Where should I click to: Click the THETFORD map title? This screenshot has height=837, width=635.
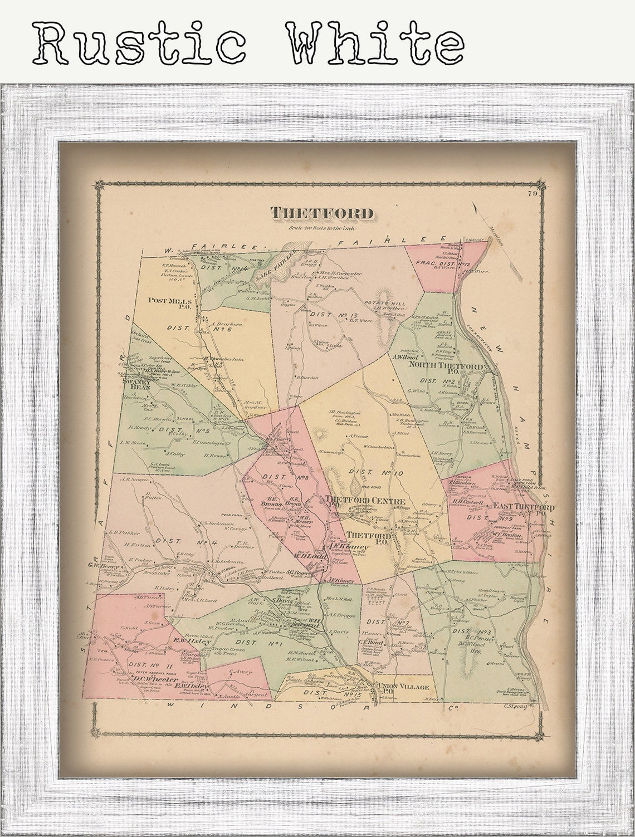click(321, 213)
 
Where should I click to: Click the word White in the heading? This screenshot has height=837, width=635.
click(377, 43)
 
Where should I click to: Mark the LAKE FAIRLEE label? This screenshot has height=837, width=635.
click(279, 267)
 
